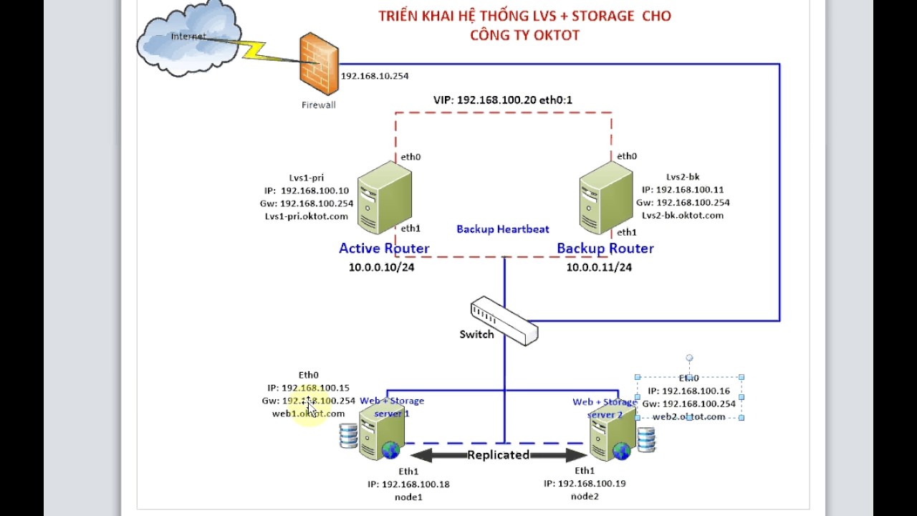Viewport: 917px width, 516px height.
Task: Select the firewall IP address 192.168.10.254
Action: coord(375,76)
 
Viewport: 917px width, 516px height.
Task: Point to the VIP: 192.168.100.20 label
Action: coord(502,100)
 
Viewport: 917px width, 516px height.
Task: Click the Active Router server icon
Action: coord(384,199)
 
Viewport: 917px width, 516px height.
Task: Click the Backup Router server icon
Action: coord(606,199)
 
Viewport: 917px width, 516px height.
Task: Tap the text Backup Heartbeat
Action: coord(503,229)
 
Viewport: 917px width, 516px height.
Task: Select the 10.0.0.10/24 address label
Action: coord(381,267)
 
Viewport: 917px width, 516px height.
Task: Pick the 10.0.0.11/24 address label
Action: coord(599,267)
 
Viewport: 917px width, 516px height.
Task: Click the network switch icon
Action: coord(504,322)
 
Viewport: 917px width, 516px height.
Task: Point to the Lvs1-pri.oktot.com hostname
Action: coord(306,216)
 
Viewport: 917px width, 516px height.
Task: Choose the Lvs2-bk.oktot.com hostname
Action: coord(682,215)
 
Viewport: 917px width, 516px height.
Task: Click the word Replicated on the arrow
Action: coord(498,455)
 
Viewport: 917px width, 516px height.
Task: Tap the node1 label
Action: coord(408,497)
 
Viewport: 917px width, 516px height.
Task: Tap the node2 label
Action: coord(585,496)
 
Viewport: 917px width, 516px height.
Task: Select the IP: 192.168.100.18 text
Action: coord(408,484)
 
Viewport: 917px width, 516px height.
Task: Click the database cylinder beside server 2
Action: coord(646,439)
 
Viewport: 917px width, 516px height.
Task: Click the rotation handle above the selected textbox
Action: coord(689,358)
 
